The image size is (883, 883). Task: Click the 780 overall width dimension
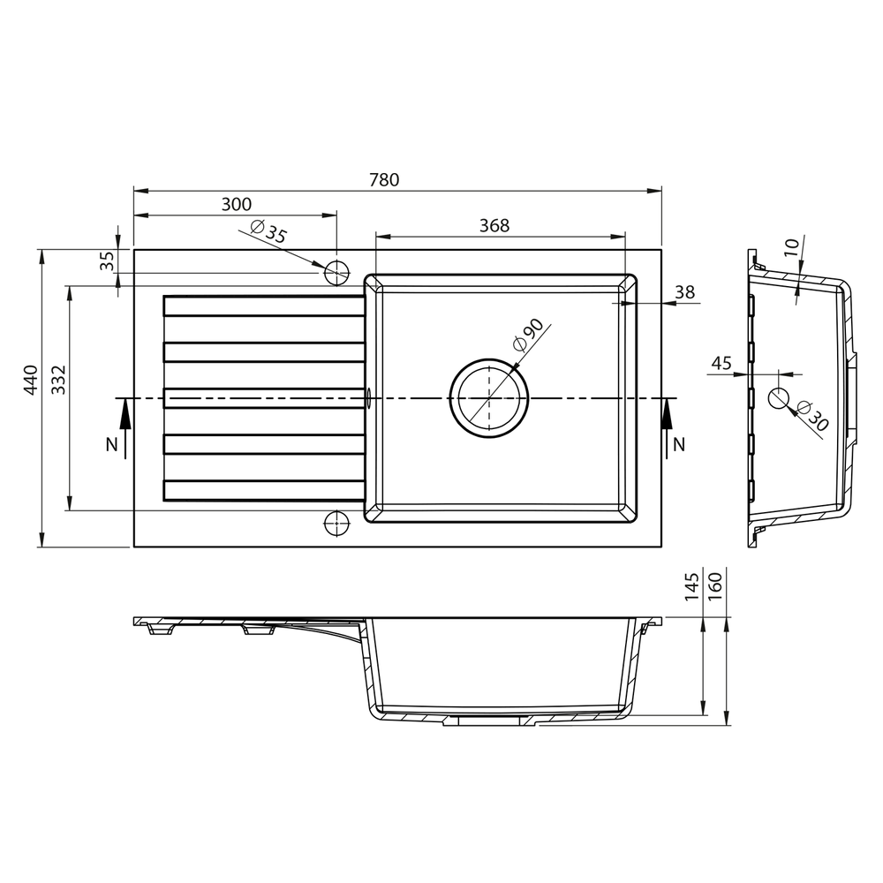click(x=384, y=179)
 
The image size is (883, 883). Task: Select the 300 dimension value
click(x=237, y=204)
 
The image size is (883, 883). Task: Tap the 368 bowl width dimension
click(x=494, y=225)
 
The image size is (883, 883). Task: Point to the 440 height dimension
click(x=30, y=380)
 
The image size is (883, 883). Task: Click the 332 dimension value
click(x=58, y=380)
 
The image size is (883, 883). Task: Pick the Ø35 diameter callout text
click(x=268, y=230)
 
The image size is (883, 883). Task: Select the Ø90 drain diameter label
click(x=528, y=335)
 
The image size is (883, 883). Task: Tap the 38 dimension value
click(x=685, y=292)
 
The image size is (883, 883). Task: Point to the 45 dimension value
click(x=721, y=363)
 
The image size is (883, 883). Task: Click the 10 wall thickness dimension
click(x=791, y=247)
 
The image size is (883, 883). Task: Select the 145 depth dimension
click(x=691, y=586)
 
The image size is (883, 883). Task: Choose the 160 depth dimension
click(x=714, y=586)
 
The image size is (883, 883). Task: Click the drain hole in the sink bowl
click(x=489, y=398)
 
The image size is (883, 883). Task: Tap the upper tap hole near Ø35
click(x=336, y=273)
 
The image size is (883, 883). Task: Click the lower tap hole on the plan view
click(x=336, y=523)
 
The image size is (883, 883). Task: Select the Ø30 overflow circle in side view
click(x=780, y=398)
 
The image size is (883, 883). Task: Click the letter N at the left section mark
click(x=112, y=444)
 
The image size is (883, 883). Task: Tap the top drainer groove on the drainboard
click(x=263, y=306)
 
